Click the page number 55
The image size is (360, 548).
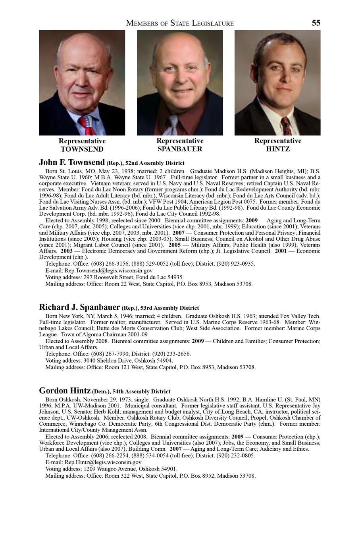tap(316, 23)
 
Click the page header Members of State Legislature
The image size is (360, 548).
tap(180, 23)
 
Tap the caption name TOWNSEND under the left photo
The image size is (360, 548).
tap(82, 149)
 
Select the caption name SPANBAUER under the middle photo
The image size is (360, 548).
tap(180, 149)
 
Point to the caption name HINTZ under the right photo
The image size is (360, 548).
tap(278, 149)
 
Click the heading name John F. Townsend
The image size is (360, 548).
tap(72, 162)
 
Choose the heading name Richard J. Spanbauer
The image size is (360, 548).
tap(79, 307)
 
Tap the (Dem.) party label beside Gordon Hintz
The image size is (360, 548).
tap(101, 392)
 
